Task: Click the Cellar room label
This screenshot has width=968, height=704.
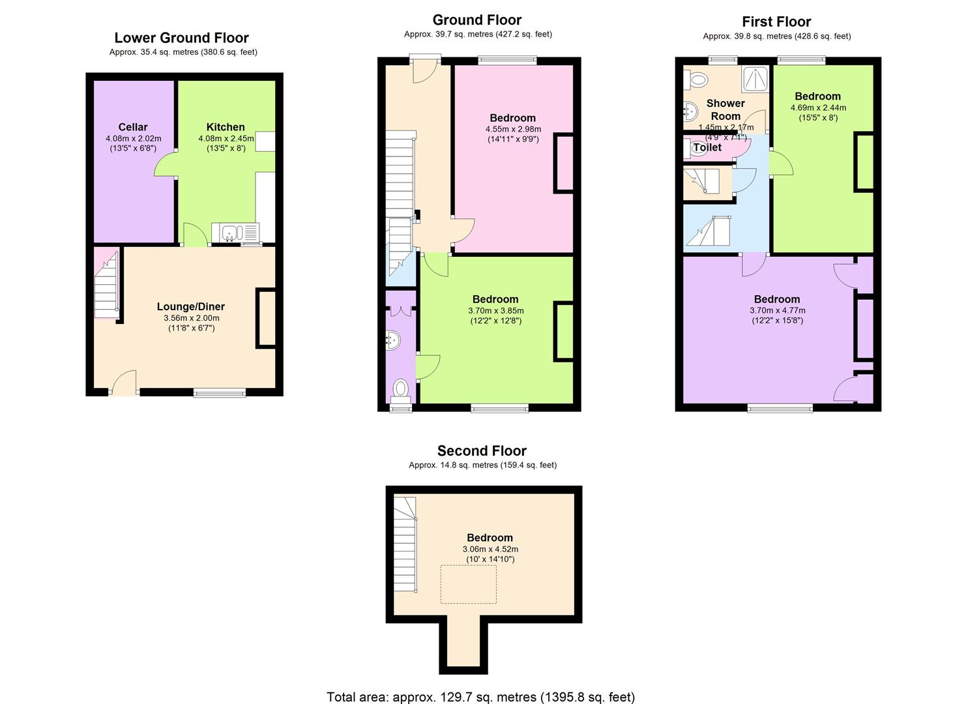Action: [133, 127]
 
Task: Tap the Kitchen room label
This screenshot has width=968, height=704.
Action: [226, 127]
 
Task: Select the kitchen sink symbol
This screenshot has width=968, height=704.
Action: [229, 233]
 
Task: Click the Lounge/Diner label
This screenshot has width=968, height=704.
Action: [191, 306]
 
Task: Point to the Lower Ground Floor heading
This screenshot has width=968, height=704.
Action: [181, 38]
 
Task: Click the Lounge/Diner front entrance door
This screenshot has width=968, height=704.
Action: [123, 385]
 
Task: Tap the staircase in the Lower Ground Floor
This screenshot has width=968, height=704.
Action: [106, 284]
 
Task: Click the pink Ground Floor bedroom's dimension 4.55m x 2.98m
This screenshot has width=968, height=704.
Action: [513, 129]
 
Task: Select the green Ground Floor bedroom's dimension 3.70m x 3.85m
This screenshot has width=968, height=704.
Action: [495, 311]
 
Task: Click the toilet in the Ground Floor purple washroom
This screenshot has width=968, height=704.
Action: [400, 389]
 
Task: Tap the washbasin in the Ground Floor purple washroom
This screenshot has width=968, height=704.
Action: [393, 340]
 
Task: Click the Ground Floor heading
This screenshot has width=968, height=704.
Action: [477, 20]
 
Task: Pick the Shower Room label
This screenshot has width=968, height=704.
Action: [726, 110]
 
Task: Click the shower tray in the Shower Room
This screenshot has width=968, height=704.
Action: [755, 79]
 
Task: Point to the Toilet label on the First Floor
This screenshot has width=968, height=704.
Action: [707, 147]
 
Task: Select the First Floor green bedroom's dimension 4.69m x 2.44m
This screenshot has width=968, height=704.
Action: [818, 108]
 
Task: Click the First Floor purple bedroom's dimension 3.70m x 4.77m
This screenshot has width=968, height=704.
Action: [777, 311]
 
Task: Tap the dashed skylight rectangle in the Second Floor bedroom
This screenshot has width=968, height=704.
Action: [469, 584]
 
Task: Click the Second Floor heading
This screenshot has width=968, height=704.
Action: [482, 451]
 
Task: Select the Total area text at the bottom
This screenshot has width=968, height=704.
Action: [480, 697]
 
